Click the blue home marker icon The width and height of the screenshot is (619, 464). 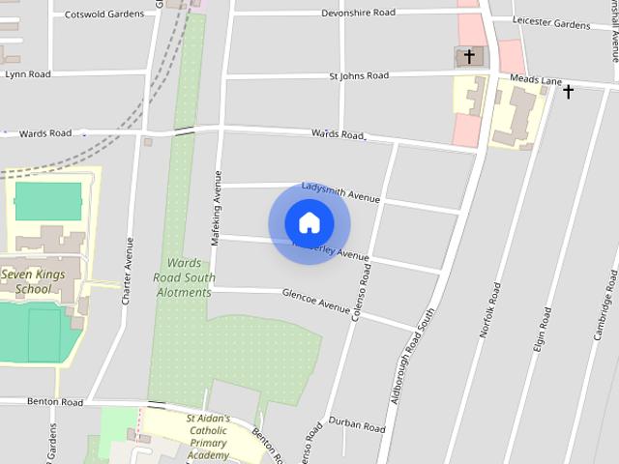coord(309,222)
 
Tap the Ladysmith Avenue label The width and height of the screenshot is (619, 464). coord(340,191)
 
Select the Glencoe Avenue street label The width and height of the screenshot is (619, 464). coord(315,300)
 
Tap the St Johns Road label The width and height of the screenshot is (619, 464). coord(359,75)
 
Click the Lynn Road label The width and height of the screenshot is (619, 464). coord(28,73)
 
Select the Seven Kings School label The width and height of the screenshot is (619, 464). coord(40,281)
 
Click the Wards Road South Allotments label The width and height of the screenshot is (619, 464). coord(184,277)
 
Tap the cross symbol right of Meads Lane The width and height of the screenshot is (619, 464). coord(569,92)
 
